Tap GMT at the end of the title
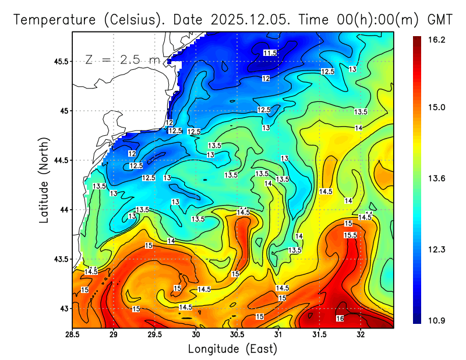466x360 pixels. pos(440,19)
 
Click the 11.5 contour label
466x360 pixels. pos(270,53)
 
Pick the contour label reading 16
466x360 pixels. pos(340,318)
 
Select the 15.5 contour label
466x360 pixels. pos(350,235)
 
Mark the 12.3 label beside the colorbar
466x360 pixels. pos(435,249)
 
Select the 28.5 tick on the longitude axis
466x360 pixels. pos(72,334)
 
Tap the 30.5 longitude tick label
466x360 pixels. pos(237,334)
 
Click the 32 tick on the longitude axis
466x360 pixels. pos(361,334)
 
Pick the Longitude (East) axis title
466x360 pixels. pos(232,349)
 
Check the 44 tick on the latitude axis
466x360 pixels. pos(64,210)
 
